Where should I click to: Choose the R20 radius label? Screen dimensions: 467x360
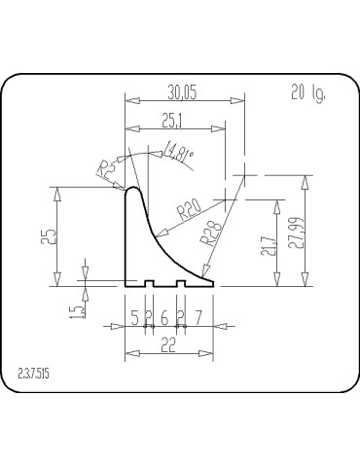189,207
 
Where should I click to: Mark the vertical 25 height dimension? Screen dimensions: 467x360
59,235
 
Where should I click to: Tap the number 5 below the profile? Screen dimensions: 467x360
135,317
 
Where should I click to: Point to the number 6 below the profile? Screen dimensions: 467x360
163,317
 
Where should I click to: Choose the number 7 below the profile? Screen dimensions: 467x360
198,317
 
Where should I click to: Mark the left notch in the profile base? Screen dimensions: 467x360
150,284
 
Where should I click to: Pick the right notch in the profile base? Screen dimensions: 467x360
181,284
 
